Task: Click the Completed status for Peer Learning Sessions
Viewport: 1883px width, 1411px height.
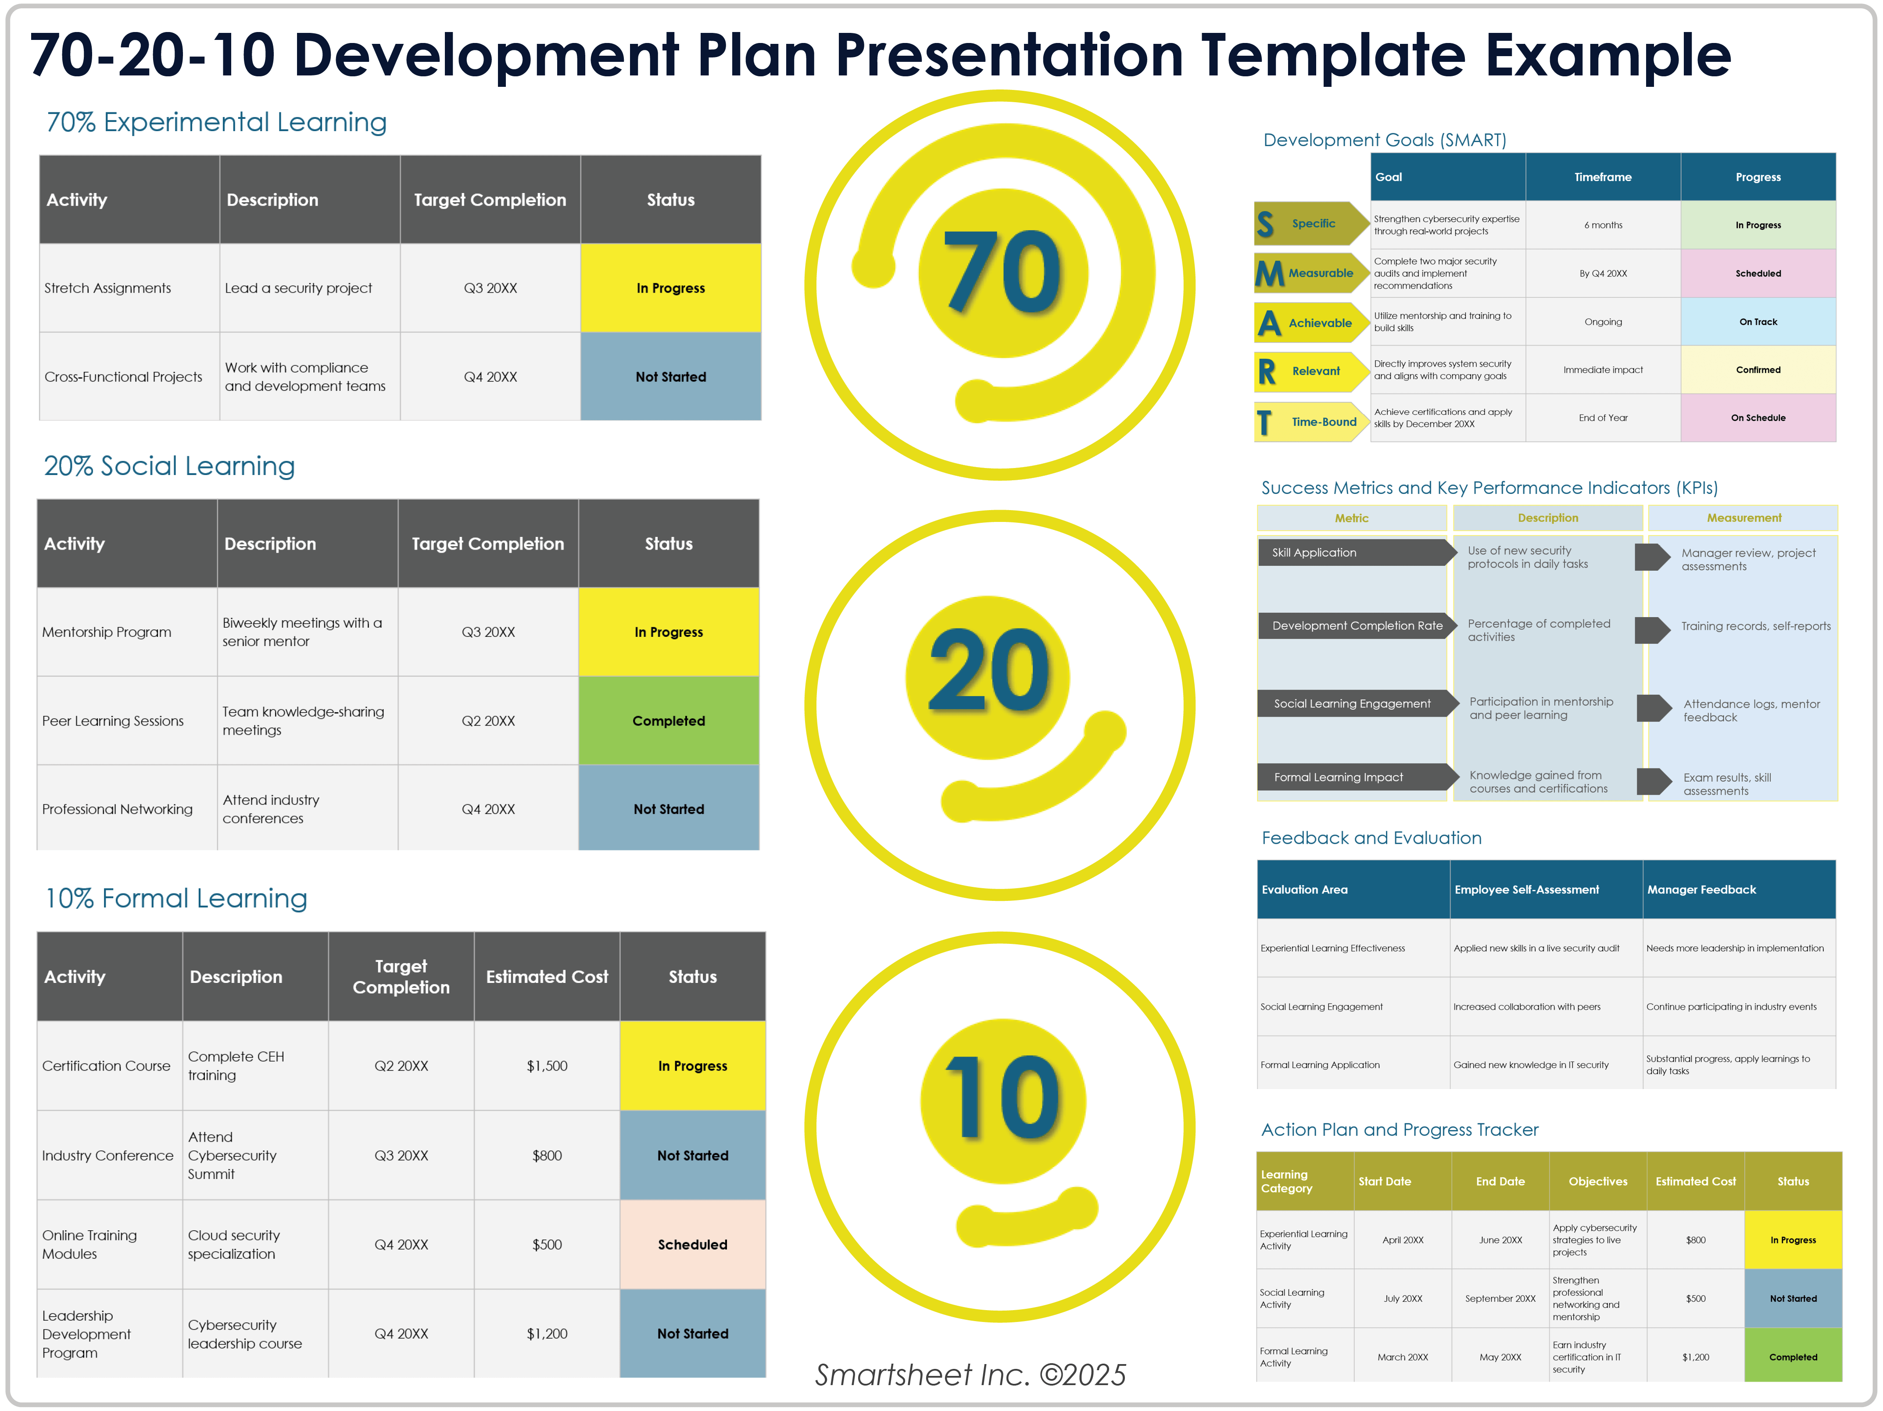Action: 668,721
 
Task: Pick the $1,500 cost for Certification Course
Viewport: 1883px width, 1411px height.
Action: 547,1065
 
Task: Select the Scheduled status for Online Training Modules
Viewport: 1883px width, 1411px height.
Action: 692,1244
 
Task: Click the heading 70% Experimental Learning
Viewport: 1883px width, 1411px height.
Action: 216,122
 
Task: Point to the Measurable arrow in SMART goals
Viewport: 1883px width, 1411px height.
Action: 1309,273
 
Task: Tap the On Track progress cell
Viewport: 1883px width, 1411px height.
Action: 1757,321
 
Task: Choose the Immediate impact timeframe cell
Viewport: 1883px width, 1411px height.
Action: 1602,369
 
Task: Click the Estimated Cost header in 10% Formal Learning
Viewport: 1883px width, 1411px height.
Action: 547,977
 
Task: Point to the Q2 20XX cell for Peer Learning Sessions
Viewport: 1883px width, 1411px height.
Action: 488,721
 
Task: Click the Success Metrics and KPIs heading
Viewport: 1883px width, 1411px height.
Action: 1489,488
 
